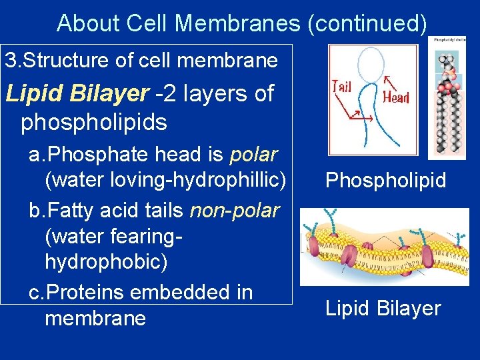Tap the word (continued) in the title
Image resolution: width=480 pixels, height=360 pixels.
tap(366, 23)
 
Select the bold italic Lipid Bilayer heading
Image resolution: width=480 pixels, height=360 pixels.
tap(77, 94)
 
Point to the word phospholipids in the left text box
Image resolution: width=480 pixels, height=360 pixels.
tap(94, 123)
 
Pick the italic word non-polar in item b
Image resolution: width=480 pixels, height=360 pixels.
tap(234, 211)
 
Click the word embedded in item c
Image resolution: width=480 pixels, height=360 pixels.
tap(190, 292)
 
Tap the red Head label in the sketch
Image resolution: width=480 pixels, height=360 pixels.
tap(396, 97)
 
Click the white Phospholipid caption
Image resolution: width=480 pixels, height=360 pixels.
tap(385, 181)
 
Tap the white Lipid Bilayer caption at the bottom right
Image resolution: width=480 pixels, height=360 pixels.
tap(383, 308)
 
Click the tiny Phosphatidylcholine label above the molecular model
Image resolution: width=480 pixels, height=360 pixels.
tap(446, 40)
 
